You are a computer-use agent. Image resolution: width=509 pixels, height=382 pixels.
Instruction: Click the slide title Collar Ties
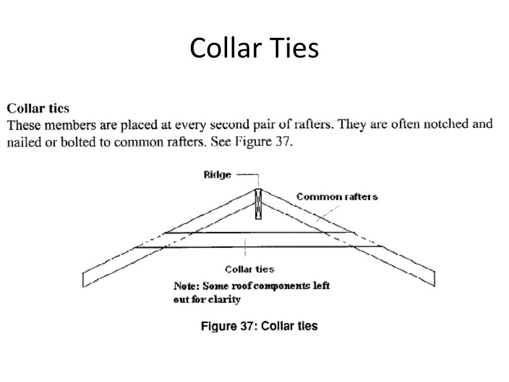(254, 49)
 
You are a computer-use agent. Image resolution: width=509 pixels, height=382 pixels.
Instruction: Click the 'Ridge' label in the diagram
(217, 175)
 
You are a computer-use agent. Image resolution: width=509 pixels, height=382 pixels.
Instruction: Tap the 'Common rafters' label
(337, 197)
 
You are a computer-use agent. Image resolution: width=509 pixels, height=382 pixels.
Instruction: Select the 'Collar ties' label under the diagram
(250, 269)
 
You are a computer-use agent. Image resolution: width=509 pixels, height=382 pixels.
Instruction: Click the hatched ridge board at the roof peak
(258, 204)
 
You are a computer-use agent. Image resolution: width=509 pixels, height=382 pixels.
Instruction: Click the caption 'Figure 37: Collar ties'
(259, 326)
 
